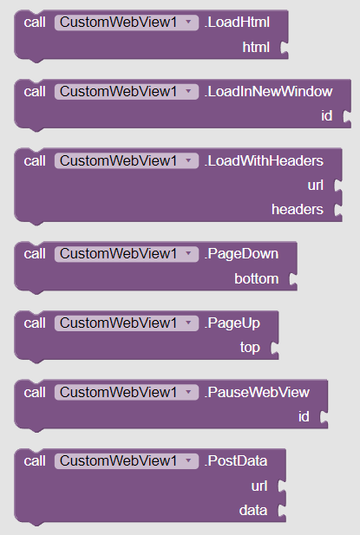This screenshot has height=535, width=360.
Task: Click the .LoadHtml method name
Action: [x=237, y=23]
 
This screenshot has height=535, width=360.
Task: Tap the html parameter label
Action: [x=256, y=47]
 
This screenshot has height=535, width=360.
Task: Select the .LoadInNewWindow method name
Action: [x=268, y=91]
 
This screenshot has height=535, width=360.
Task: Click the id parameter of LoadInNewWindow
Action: [x=326, y=116]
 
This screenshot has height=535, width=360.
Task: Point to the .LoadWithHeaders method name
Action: [x=264, y=161]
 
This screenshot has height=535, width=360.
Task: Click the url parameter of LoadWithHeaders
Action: [x=315, y=186]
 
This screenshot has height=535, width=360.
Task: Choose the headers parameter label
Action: [x=298, y=210]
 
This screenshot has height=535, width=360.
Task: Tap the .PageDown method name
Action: [x=241, y=254]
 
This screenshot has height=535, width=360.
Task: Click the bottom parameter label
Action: [x=256, y=278]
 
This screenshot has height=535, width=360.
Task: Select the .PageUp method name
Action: [x=232, y=323]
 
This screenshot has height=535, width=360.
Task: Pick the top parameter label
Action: [x=250, y=348]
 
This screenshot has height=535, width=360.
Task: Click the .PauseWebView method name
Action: [x=257, y=393]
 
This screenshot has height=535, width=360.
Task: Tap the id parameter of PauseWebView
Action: [x=304, y=416]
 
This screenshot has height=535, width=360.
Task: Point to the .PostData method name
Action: [x=236, y=461]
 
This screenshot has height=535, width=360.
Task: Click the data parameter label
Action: [x=253, y=511]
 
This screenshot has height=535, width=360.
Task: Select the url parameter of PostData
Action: [x=259, y=486]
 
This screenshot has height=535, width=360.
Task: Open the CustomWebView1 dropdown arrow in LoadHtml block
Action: [x=188, y=23]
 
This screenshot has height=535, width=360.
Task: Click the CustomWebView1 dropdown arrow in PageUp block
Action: [x=188, y=323]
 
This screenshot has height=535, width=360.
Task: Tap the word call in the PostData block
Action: [x=35, y=461]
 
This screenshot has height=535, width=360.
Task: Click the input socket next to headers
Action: [x=337, y=210]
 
